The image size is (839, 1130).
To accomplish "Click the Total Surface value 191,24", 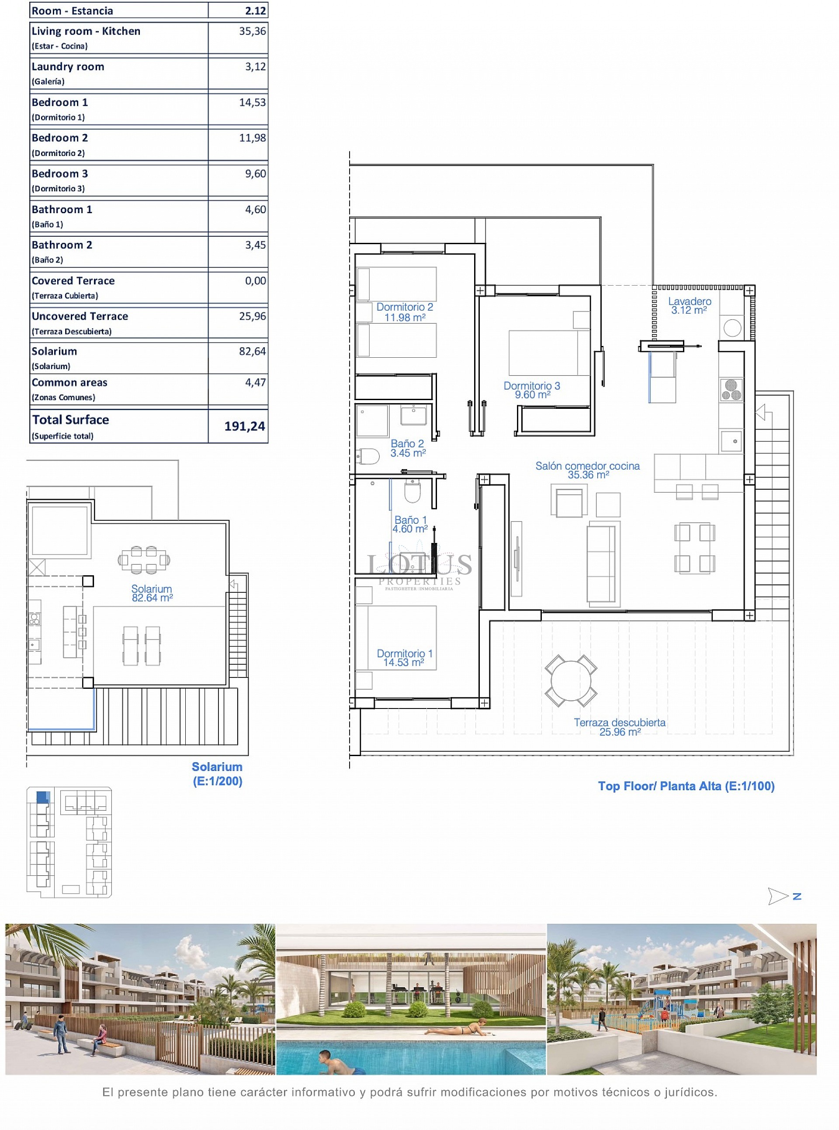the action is point(244,426).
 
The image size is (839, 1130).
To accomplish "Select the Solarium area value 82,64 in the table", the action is point(253,351).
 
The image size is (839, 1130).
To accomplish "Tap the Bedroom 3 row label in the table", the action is point(59,173).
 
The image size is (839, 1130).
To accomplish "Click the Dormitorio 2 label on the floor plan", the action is point(404,312).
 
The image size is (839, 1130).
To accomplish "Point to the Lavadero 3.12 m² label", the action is point(690,306).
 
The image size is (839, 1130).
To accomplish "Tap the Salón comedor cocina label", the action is point(588,470).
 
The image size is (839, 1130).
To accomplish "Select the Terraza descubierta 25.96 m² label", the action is point(620,727).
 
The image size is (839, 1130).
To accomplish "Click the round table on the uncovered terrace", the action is point(571,680).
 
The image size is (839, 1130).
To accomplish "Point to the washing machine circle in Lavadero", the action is point(732,328).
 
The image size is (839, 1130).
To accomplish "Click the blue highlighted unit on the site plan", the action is point(43,796).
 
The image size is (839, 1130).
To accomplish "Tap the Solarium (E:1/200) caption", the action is point(217,774).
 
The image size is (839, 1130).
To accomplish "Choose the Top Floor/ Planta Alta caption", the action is point(686,786).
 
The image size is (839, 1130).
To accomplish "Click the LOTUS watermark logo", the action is point(419,570).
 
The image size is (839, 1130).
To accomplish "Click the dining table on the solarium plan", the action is point(144,560).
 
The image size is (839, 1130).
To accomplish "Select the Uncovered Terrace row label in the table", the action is point(80,316).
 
